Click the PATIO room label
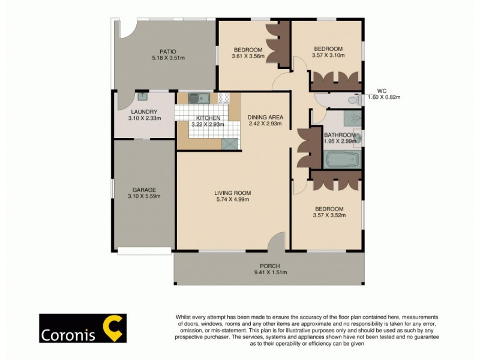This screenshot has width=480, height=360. tap(167, 51)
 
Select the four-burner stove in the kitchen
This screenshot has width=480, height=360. tap(224, 98)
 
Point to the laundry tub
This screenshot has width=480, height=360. tap(143, 96)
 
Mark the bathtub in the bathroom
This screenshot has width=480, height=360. tap(341, 160)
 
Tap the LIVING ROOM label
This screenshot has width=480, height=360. tap(233, 193)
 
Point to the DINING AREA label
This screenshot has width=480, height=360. tap(265, 117)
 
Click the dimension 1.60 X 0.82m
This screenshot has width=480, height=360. tap(383, 97)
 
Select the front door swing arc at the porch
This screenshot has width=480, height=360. tap(277, 242)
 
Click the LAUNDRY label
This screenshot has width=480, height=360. tap(143, 112)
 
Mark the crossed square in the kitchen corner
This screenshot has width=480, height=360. tap(229, 143)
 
